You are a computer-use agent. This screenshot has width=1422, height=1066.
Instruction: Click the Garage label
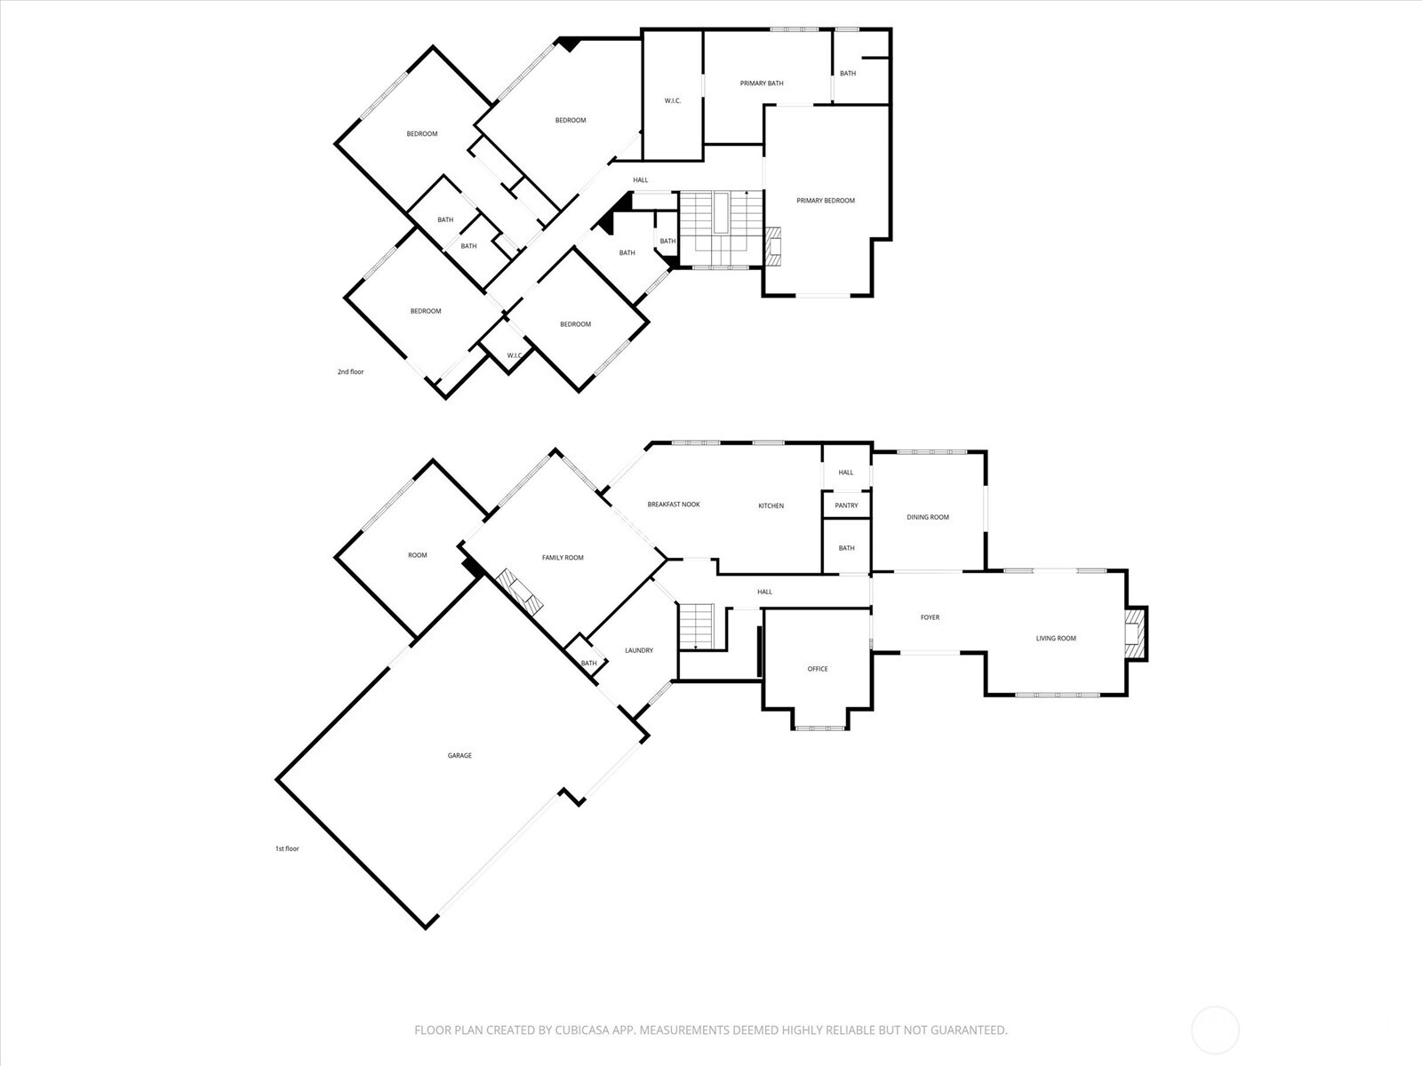(x=459, y=756)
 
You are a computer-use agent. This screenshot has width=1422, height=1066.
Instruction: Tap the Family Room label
(x=563, y=558)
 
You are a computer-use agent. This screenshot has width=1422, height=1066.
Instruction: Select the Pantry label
(x=846, y=505)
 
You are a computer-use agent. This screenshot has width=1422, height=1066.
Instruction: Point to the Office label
(x=818, y=669)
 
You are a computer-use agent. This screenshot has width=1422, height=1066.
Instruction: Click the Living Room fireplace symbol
(x=1135, y=632)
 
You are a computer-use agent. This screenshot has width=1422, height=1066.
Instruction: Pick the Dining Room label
(x=928, y=517)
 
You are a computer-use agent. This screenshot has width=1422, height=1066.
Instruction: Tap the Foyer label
(x=930, y=617)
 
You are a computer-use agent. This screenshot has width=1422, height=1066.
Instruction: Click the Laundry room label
(x=639, y=650)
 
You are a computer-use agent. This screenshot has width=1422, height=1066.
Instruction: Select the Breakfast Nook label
(x=674, y=505)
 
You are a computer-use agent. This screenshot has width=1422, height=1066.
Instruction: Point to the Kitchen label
(x=771, y=506)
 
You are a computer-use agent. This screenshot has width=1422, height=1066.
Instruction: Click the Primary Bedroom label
(x=826, y=201)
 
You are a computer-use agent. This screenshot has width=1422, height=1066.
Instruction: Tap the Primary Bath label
(x=762, y=84)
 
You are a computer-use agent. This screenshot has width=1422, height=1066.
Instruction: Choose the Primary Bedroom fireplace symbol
(x=774, y=247)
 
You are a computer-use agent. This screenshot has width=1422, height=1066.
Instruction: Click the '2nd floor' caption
(x=350, y=372)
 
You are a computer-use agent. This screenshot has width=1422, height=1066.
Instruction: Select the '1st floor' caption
(x=287, y=849)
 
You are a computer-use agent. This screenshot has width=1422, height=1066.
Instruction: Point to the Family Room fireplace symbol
(x=518, y=592)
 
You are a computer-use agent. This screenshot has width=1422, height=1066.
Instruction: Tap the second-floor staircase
(x=721, y=227)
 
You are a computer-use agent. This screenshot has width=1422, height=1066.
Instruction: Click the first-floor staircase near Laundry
(x=697, y=626)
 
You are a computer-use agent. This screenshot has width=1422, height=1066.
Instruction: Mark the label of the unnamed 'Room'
(x=418, y=555)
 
